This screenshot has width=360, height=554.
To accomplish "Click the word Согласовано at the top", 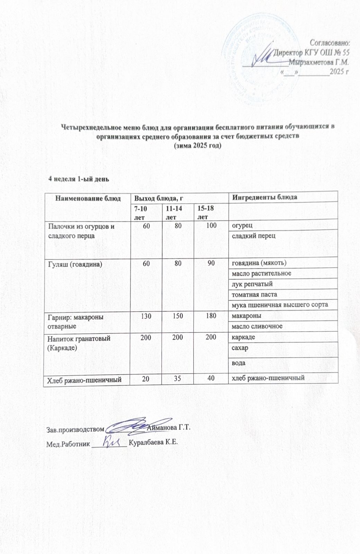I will pyautogui.click(x=330, y=43).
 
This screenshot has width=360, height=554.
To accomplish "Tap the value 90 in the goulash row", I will pyautogui.click(x=211, y=263).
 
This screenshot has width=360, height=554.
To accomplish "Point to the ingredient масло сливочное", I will pyautogui.click(x=257, y=326).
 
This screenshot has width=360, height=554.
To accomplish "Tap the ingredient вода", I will pyautogui.click(x=239, y=363).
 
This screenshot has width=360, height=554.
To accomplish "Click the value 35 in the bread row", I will pyautogui.click(x=178, y=378).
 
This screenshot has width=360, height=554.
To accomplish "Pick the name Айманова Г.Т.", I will pyautogui.click(x=169, y=429).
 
